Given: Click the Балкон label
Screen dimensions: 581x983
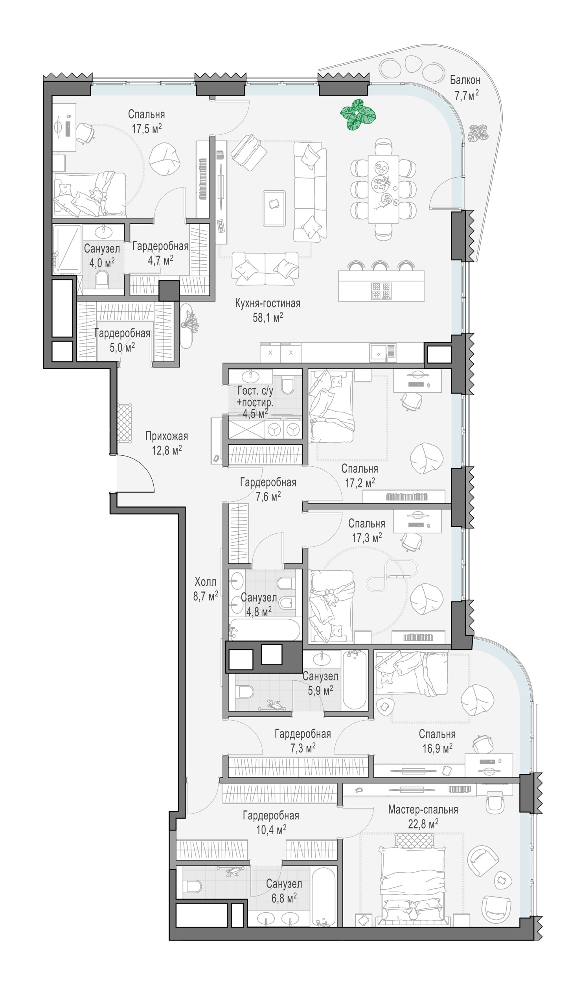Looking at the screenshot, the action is click(465, 80).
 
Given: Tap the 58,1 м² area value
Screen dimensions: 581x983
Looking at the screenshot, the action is click(268, 317).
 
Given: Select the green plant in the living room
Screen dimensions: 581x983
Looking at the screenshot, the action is click(357, 114).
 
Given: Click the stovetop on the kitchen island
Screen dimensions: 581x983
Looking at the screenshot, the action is click(381, 291).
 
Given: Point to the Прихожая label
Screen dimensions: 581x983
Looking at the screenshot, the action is click(167, 436).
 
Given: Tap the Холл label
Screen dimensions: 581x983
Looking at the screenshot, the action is click(205, 582).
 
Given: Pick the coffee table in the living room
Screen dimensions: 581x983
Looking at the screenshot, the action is click(274, 208).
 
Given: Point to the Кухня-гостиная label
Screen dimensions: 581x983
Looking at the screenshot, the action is click(268, 303).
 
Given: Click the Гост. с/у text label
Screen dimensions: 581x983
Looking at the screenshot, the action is click(255, 391).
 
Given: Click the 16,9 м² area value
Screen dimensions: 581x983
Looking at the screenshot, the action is click(437, 748).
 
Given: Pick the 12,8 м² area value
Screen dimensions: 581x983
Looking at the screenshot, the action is click(167, 450).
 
